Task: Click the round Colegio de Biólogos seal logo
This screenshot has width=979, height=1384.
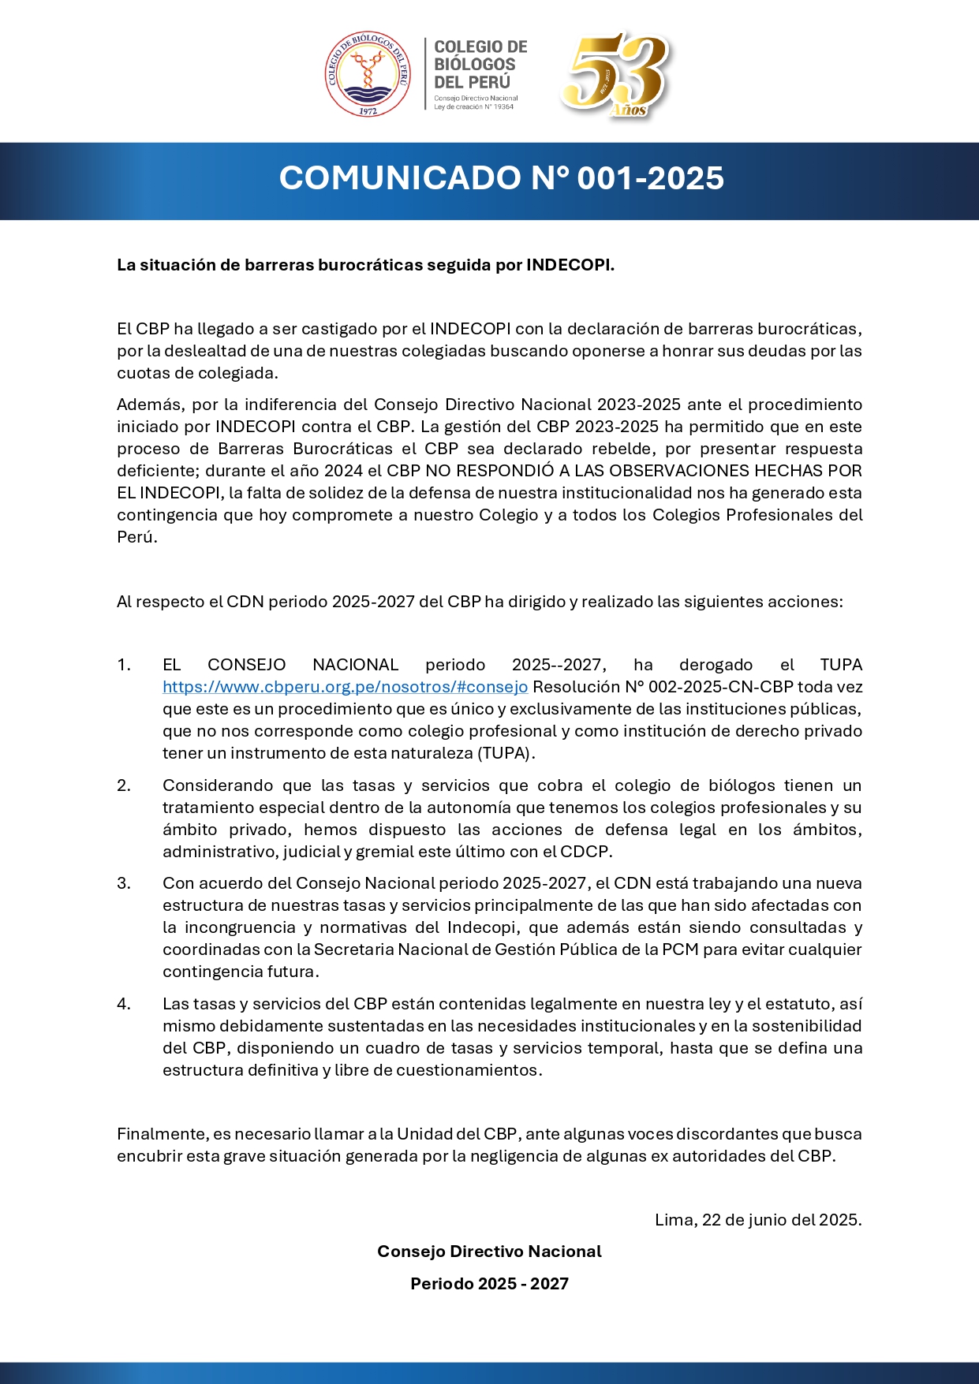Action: click(x=368, y=74)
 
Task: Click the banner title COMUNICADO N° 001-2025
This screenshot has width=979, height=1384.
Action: click(x=501, y=178)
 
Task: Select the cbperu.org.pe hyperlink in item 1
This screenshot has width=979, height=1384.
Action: click(x=345, y=687)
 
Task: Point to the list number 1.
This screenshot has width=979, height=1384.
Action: click(x=124, y=665)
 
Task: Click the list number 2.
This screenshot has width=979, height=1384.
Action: click(x=124, y=785)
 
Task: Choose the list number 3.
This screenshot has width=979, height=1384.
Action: click(x=124, y=883)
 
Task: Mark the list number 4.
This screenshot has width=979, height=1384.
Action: click(x=124, y=1004)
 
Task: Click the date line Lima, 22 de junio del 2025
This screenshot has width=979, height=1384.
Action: click(x=757, y=1220)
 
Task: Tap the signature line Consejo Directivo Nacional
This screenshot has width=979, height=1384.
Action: click(x=489, y=1252)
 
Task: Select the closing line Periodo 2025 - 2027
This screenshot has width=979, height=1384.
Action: click(x=489, y=1284)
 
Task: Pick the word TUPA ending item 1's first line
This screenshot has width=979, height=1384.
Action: click(x=840, y=665)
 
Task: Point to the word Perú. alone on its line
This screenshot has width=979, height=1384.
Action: click(x=137, y=537)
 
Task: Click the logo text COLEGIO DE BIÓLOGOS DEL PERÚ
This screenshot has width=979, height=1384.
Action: click(x=480, y=65)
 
